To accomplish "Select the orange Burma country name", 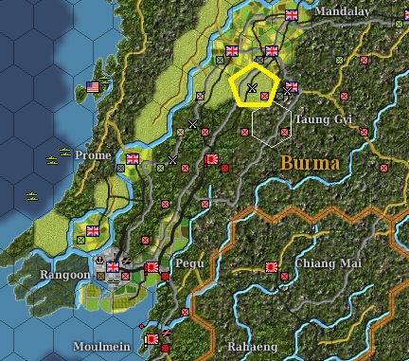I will click(311, 163).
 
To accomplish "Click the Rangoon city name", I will click(62, 275).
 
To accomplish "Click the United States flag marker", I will click(93, 88).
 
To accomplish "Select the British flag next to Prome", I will click(132, 158).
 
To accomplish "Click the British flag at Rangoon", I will click(113, 268).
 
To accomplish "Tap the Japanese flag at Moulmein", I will click(151, 338).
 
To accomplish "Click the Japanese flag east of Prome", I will click(212, 160).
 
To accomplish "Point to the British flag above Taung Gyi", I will click(291, 88).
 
